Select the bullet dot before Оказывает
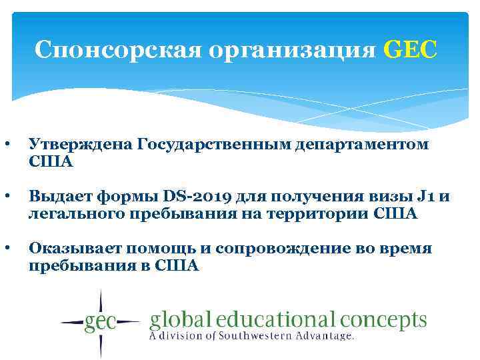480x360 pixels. pyautogui.click(x=6, y=249)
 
